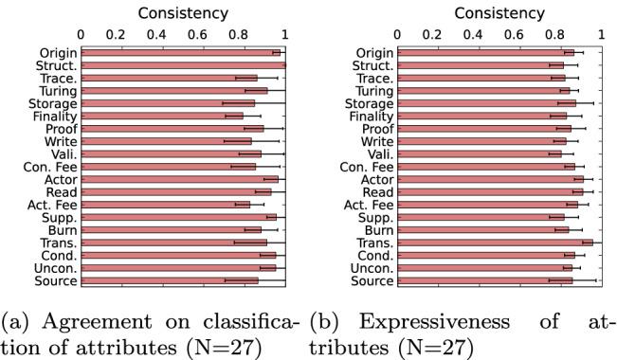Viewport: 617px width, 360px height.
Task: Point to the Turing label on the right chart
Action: tap(370, 90)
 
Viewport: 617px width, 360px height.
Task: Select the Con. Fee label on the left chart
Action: tap(51, 167)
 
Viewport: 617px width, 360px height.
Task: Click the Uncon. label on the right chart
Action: tap(370, 268)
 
